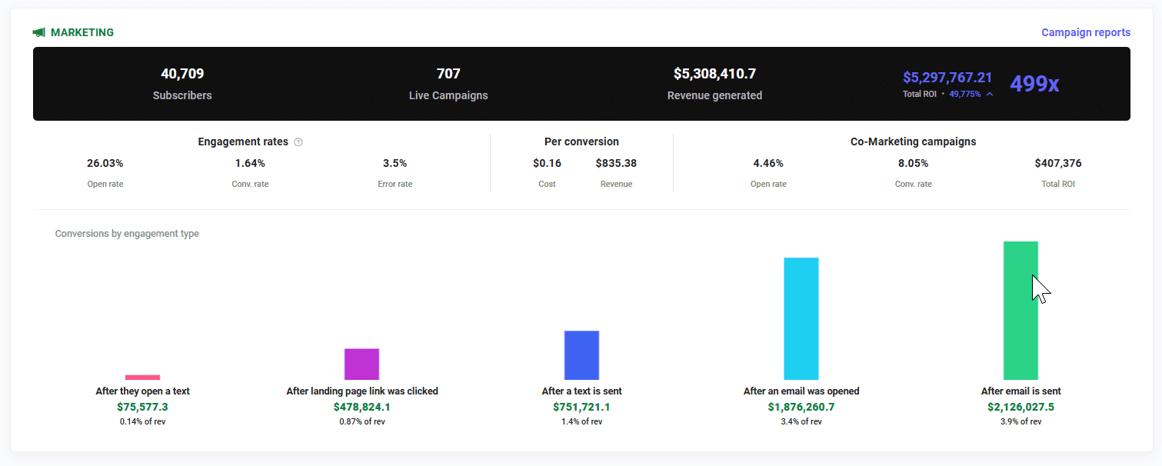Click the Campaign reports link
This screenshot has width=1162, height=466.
click(1085, 32)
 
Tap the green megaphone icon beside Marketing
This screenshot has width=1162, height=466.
click(39, 33)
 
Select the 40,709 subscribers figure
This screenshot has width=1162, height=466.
click(182, 74)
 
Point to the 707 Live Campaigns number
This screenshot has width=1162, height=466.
click(448, 74)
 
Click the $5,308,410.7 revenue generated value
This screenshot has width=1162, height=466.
click(714, 74)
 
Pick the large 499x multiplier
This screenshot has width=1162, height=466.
click(1034, 84)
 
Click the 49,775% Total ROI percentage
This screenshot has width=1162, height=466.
click(965, 94)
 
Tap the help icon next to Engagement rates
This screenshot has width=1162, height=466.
click(298, 142)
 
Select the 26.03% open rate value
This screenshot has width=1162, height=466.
click(105, 163)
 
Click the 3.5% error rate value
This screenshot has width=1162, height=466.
click(395, 163)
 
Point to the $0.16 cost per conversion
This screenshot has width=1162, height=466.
click(547, 163)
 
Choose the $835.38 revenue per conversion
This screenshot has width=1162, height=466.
click(616, 163)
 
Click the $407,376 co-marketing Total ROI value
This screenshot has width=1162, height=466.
click(1057, 163)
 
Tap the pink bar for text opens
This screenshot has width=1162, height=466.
click(143, 378)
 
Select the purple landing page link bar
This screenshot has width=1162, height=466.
click(361, 364)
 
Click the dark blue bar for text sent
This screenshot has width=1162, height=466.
click(581, 355)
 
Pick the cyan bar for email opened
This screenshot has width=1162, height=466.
click(801, 318)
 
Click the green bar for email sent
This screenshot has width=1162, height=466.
click(1020, 311)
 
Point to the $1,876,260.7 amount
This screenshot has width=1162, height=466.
click(801, 407)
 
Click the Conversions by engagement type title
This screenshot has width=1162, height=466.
click(127, 234)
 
